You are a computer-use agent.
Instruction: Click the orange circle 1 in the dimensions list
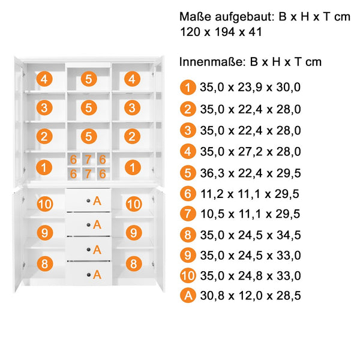tap(188, 88)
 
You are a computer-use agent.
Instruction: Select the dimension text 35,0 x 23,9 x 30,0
tap(250, 88)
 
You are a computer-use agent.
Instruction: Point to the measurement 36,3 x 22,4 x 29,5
tap(250, 173)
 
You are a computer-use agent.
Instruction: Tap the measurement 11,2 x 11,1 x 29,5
tap(250, 194)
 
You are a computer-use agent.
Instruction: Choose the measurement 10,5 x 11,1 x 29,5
tap(250, 214)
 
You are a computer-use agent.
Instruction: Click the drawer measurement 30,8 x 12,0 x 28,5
tap(250, 295)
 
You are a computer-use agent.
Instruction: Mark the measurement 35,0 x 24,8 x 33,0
tap(250, 276)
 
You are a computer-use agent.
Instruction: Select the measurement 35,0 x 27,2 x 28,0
tap(250, 152)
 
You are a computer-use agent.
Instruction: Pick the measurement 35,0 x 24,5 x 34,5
tap(250, 235)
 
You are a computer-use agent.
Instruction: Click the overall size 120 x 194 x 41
tap(221, 32)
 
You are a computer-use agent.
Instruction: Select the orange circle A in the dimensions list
tap(188, 295)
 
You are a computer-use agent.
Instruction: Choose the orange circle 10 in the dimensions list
tap(188, 275)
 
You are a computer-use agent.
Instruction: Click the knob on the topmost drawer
tap(88, 200)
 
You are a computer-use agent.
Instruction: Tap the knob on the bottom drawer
tap(89, 275)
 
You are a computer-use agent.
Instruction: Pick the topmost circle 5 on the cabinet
tap(89, 79)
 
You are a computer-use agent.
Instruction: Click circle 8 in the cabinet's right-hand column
tap(134, 263)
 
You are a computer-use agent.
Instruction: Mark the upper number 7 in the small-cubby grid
tap(88, 160)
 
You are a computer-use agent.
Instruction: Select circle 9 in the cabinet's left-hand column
tap(45, 233)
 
